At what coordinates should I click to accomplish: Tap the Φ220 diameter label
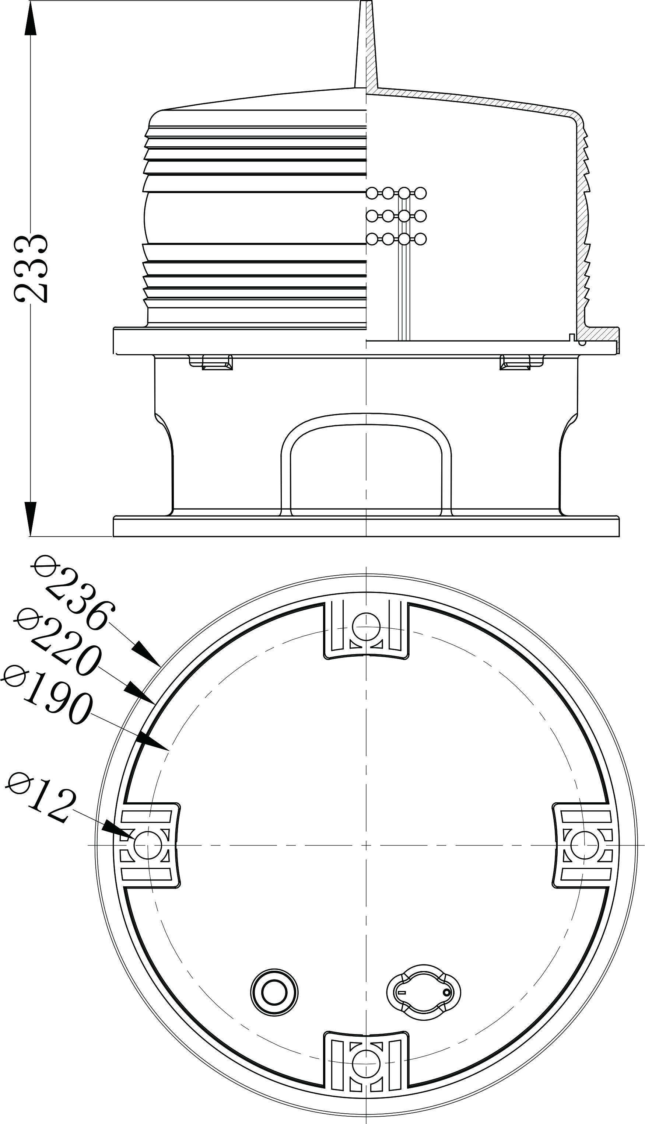pos(59,639)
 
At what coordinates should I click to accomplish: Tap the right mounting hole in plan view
pos(583,845)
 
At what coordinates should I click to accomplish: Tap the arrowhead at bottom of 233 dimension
pos(31,519)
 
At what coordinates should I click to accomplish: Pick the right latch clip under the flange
pos(515,362)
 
